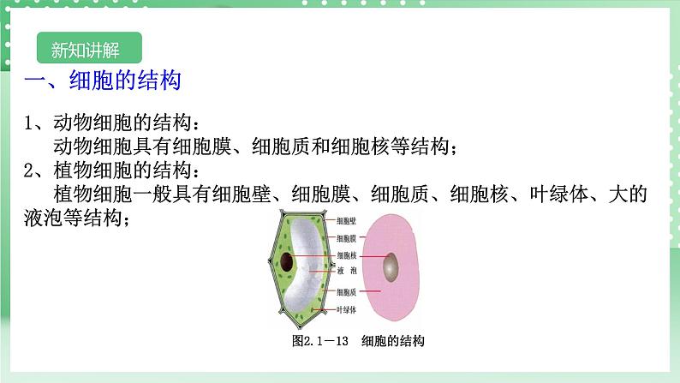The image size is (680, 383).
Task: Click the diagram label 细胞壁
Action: (x=347, y=221)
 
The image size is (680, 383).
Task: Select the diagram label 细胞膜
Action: (x=347, y=238)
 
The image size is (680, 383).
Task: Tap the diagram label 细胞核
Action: (x=347, y=255)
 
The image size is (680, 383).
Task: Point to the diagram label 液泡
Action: (x=347, y=271)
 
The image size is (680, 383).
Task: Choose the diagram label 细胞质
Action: (x=347, y=292)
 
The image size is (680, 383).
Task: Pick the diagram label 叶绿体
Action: (x=347, y=309)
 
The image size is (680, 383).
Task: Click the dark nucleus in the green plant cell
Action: (x=287, y=262)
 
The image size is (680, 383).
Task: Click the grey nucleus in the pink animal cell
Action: (x=391, y=267)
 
